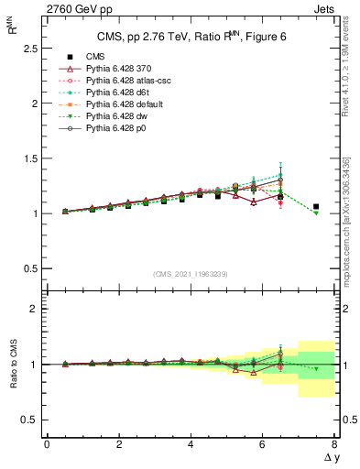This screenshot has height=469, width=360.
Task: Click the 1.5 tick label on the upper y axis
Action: [x=28, y=158]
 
